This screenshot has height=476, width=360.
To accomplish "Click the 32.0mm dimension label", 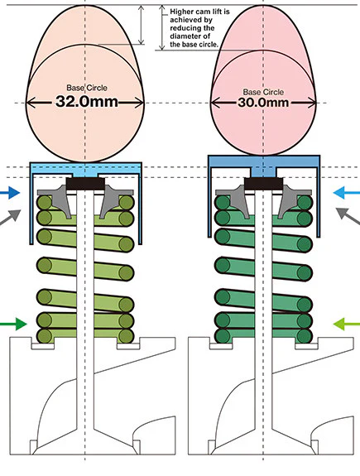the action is [87, 101].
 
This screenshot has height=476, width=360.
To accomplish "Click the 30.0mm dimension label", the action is [263, 103].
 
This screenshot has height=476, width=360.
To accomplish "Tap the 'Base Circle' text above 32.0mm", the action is [87, 88].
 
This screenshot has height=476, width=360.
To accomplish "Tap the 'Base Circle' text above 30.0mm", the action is [263, 92].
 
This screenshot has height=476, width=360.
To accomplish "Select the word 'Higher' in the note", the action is [180, 12].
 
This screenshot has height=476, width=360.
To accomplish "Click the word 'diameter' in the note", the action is [182, 36].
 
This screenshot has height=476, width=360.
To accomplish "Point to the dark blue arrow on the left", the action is [10, 193].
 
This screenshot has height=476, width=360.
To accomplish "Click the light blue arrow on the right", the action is [346, 193].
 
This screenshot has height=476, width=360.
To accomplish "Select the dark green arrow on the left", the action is [13, 324].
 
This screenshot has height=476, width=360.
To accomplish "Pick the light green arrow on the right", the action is [346, 324].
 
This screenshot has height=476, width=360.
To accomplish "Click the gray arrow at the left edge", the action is [11, 217].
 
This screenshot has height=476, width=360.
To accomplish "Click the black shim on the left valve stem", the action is [85, 184].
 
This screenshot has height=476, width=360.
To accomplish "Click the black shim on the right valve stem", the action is [264, 184].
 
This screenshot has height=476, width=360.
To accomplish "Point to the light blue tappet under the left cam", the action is [85, 169].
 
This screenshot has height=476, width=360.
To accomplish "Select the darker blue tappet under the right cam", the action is [264, 164].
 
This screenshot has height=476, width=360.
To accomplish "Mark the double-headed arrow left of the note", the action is [162, 27].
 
